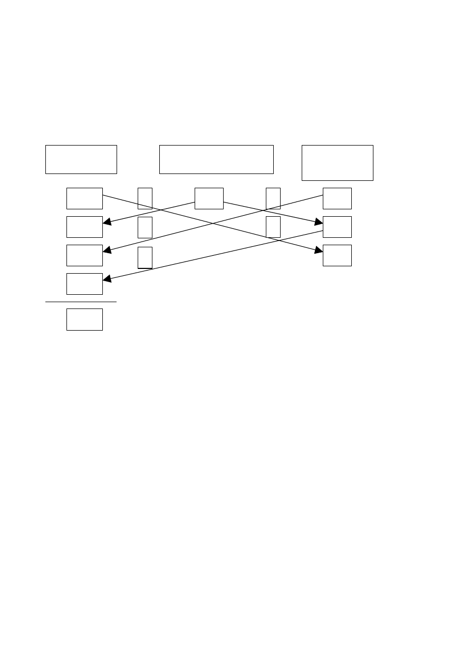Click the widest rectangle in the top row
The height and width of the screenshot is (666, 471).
216,159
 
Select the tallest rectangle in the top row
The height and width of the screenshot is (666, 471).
337,162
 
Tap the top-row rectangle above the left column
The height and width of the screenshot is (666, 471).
81,159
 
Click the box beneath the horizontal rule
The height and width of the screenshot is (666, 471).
84,320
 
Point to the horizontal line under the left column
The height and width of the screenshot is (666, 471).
81,302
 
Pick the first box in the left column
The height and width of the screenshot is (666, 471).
84,198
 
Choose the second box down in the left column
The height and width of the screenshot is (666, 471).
84,227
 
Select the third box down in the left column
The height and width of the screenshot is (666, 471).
84,255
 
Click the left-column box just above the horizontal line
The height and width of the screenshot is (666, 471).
84,284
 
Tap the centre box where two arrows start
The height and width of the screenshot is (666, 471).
209,198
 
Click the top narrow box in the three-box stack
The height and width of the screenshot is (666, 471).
145,198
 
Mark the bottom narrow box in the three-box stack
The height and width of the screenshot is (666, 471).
145,257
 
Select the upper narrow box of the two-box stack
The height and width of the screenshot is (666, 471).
273,198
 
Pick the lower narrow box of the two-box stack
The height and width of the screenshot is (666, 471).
273,227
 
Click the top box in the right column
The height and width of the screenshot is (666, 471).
337,198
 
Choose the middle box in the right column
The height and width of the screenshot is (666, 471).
337,227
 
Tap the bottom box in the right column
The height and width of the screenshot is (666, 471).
337,255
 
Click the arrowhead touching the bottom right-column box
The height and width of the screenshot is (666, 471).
319,250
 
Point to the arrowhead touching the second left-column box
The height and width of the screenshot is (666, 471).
107,223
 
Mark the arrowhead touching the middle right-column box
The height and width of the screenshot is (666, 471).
319,222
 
